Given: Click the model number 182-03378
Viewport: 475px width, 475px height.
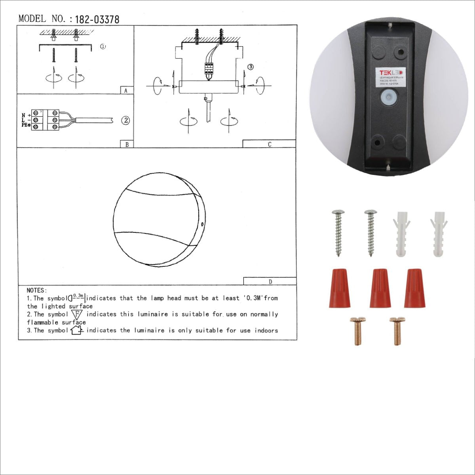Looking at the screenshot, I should (97, 19).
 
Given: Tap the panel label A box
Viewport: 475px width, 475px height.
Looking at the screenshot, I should (126, 90).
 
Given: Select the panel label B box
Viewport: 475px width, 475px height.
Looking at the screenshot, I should (126, 144).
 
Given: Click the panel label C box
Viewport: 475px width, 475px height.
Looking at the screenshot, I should (269, 144).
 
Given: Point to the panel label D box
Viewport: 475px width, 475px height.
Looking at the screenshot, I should (270, 281).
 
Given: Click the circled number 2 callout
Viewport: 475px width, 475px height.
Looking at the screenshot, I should (125, 120).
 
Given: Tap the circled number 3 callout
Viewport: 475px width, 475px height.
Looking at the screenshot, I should (250, 67).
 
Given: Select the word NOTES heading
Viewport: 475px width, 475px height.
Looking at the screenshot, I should (37, 291).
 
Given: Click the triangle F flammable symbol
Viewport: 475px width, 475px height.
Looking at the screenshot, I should (77, 314).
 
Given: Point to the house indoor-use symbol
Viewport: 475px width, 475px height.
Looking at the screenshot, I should (76, 330).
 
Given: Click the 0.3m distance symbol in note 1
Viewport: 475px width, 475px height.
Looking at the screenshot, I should (77, 297).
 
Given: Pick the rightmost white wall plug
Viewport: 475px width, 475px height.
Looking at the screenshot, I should (438, 234).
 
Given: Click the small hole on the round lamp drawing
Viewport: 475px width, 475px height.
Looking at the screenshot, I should (203, 224).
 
